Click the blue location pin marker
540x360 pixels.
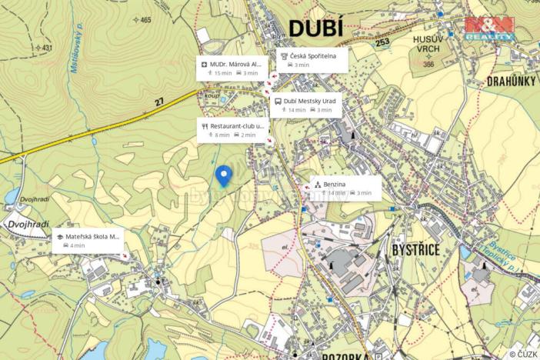pyautogui.click(x=224, y=175)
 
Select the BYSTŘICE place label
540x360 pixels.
pyautogui.click(x=416, y=250)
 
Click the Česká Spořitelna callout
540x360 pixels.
pyautogui.click(x=312, y=60)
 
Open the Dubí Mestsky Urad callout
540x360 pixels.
pyautogui.click(x=306, y=105)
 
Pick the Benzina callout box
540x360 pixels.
pyautogui.click(x=345, y=188)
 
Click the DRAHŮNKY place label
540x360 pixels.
pyautogui.click(x=511, y=81)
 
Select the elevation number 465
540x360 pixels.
pyautogui.click(x=145, y=20)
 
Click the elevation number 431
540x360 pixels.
pyautogui.click(x=47, y=48)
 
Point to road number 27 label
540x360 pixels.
pyautogui.click(x=159, y=100)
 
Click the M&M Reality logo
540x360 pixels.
pyautogui.click(x=488, y=29)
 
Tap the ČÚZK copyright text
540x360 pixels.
pyautogui.click(x=523, y=354)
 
